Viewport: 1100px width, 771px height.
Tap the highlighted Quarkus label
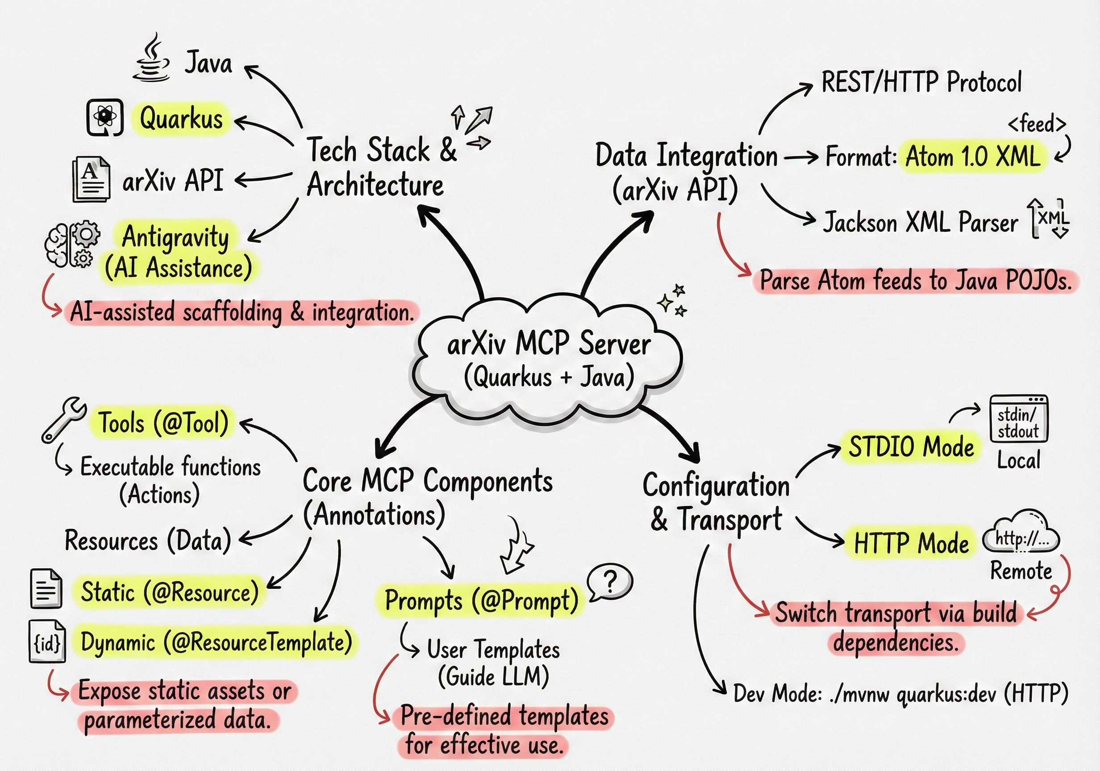coord(181,118)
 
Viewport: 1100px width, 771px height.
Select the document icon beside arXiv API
coord(91,179)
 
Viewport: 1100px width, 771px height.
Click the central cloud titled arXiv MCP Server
coord(549,359)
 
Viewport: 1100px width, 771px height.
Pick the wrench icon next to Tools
coord(63,419)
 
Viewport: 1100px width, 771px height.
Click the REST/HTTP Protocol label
coord(921,82)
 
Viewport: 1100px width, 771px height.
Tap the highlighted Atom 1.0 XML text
coord(973,157)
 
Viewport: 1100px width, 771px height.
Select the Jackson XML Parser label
coord(920,223)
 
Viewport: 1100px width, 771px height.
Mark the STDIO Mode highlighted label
coord(911,446)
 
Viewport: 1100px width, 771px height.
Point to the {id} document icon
coord(47,642)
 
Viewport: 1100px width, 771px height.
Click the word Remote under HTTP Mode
coord(1021,571)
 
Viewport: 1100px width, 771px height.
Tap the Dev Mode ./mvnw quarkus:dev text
coord(901,693)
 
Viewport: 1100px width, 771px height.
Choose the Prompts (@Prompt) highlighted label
coord(482,601)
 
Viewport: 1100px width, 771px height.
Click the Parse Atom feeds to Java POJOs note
coord(915,281)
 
